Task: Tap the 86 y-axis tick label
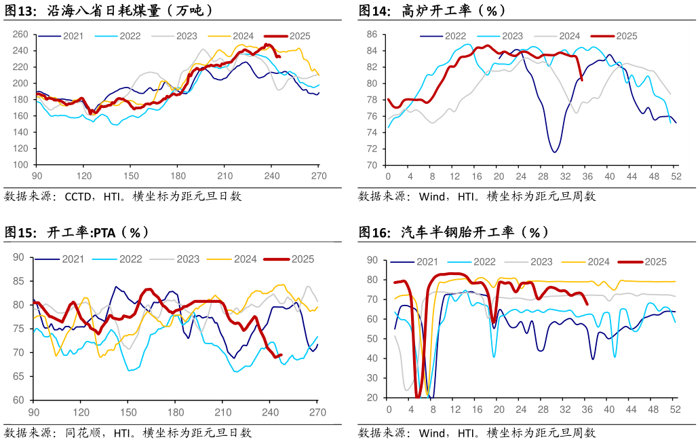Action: pos(372,34)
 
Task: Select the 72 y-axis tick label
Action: pos(372,149)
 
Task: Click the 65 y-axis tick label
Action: pos(19,376)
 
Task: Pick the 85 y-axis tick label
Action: pos(19,281)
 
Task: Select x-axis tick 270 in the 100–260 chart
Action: pos(319,175)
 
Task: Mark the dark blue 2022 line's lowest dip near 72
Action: pos(554,152)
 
